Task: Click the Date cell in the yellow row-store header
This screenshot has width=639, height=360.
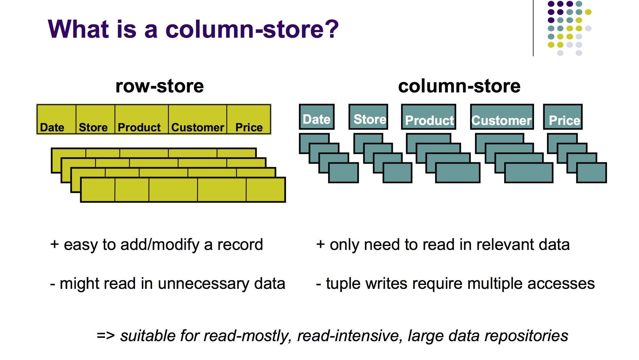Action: tap(56, 119)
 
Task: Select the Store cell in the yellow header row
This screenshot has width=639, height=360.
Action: tap(95, 119)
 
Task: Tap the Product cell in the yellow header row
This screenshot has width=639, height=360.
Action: tap(141, 119)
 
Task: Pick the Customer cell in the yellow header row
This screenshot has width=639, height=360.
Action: tap(198, 119)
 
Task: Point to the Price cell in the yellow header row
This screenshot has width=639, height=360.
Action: tap(249, 119)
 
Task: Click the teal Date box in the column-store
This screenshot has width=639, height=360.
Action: tap(316, 117)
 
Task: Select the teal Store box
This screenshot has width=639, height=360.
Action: tap(368, 117)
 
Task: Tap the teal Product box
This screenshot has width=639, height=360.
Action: tap(428, 117)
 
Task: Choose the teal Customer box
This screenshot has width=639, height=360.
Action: tap(502, 117)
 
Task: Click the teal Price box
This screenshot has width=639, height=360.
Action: tap(563, 117)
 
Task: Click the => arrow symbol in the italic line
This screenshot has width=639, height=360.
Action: tap(105, 336)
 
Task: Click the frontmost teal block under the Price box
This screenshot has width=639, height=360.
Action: tap(591, 173)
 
